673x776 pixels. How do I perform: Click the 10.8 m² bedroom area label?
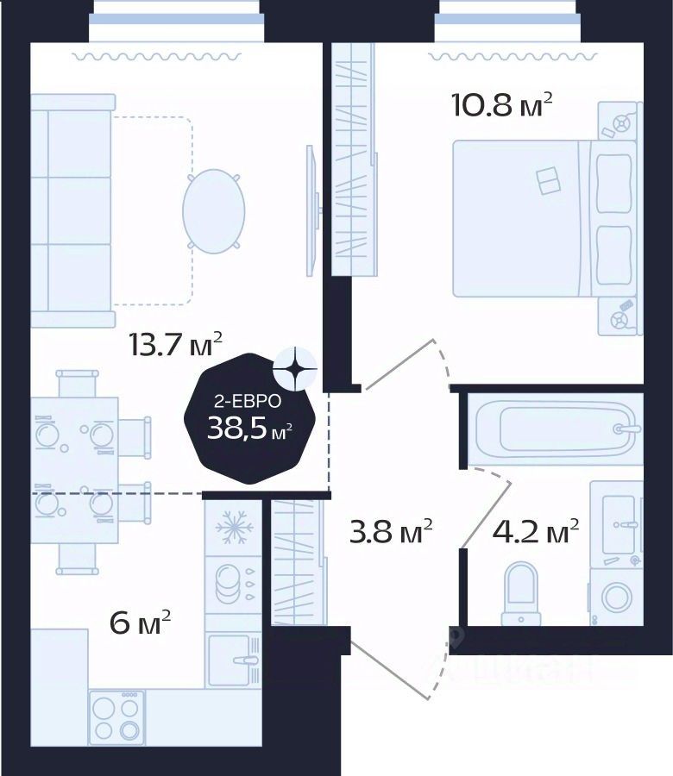click(x=501, y=106)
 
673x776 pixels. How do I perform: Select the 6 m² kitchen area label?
click(x=141, y=623)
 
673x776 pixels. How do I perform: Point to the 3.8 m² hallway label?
click(x=391, y=533)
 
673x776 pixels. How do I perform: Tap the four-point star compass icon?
click(x=294, y=368)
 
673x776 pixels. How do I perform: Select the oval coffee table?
click(x=213, y=210)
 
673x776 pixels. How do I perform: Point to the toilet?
click(x=522, y=591)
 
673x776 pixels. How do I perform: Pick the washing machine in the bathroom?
click(x=616, y=597)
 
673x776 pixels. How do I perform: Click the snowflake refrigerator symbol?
click(x=231, y=529)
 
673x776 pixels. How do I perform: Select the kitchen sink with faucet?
click(x=233, y=660)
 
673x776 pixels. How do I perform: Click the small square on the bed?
click(x=547, y=181)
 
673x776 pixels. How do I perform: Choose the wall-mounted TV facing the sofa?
click(x=311, y=211)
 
